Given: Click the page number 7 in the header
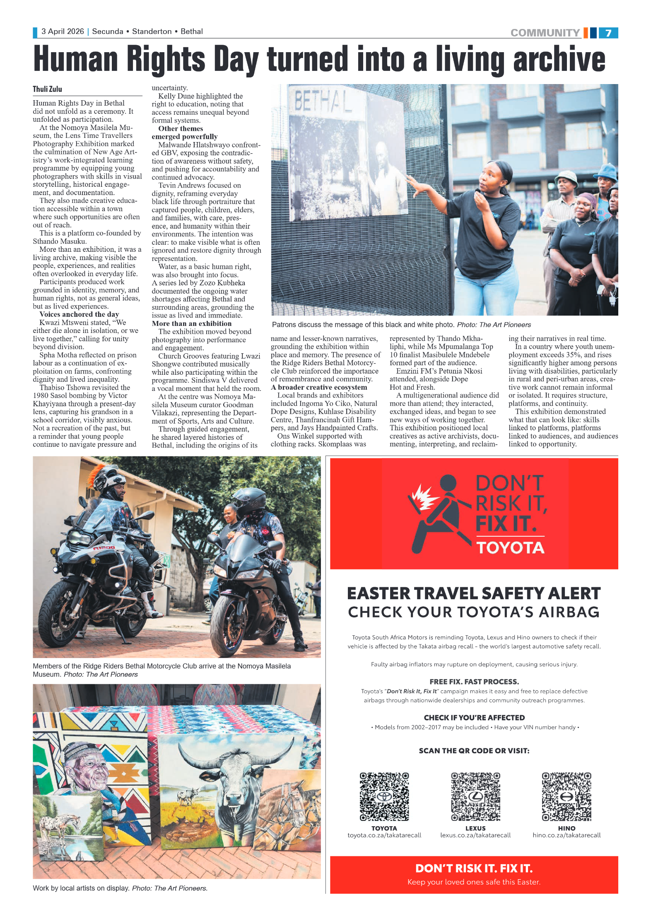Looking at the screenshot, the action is [608, 33].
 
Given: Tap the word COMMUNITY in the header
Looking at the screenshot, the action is [545, 33].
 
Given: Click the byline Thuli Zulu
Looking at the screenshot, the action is [47, 89].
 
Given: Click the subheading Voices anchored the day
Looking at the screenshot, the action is [79, 314].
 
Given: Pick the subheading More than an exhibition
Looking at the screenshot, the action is [192, 323].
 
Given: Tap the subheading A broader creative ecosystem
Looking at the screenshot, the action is [319, 387].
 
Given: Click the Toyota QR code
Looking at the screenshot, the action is [384, 796].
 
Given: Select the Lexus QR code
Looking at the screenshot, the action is [475, 796].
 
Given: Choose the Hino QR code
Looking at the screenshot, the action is [566, 796].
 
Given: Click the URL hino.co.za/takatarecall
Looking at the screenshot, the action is [566, 835].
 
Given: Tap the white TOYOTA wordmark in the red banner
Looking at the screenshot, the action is [510, 548].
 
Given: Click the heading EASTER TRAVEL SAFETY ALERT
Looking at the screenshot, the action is [474, 593].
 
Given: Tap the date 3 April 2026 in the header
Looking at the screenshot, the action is [63, 31].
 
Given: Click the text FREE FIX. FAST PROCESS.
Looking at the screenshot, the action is [474, 682].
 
